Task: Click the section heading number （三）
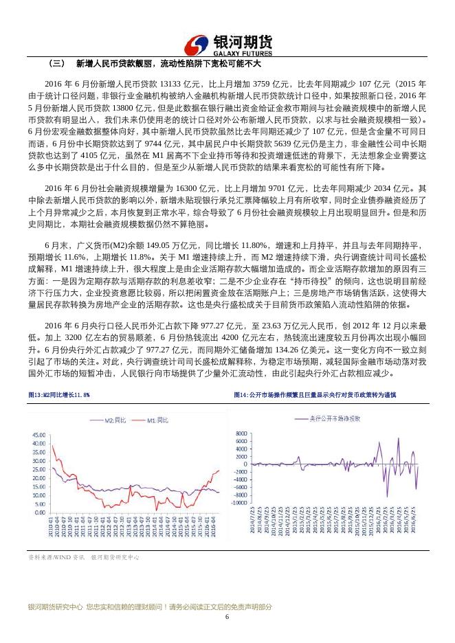56,64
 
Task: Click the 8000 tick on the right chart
241,434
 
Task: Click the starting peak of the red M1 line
52,446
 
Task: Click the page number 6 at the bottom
227,616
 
